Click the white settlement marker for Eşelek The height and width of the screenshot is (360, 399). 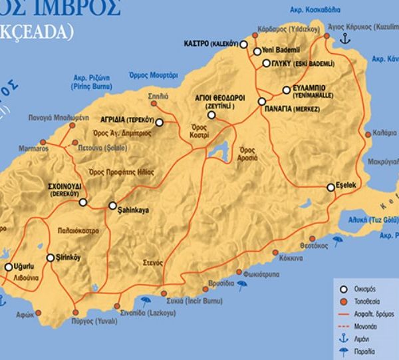pyautogui.click(x=331, y=188)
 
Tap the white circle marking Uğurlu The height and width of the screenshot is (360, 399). pyautogui.click(x=9, y=268)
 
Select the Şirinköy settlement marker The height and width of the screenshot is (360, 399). pyautogui.click(x=50, y=258)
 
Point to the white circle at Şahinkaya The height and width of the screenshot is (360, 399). pyautogui.click(x=112, y=205)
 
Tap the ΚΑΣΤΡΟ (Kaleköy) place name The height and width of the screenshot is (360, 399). pyautogui.click(x=210, y=44)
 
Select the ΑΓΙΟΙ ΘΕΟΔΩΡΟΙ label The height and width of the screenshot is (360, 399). pyautogui.click(x=212, y=99)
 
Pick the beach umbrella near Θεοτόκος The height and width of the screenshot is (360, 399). pyautogui.click(x=338, y=241)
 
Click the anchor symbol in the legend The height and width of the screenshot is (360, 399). pyautogui.click(x=343, y=339)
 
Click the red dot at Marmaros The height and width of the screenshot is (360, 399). pyautogui.click(x=43, y=142)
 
